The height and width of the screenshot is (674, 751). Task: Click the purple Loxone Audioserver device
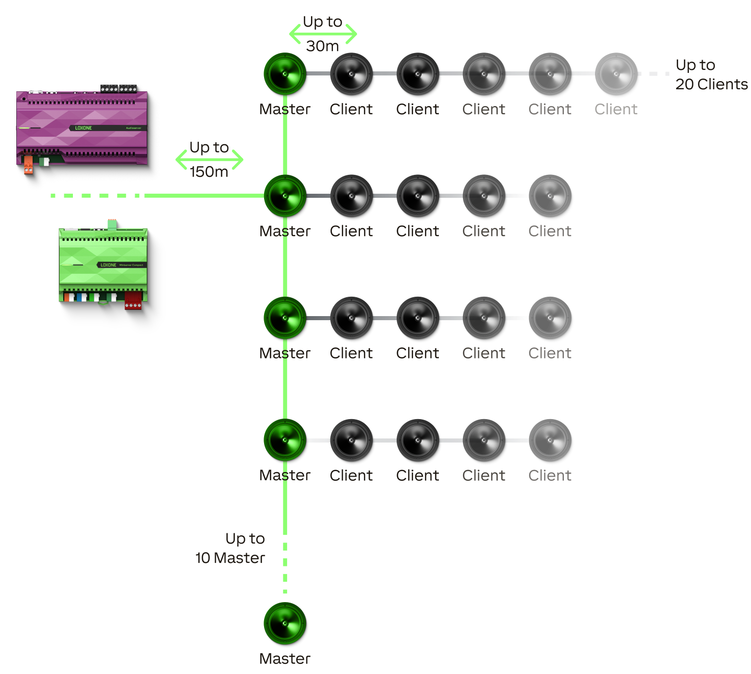pos(82,127)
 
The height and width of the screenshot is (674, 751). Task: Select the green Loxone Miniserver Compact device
pos(103,265)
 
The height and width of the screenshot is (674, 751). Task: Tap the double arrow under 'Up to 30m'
pos(323,34)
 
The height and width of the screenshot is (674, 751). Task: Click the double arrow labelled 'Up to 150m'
pos(210,160)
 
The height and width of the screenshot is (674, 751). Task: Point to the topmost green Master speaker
pos(285,74)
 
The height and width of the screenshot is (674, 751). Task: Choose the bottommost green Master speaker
pos(285,623)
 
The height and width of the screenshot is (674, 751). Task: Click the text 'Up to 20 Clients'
pos(711,74)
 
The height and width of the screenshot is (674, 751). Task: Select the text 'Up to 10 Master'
pos(231,548)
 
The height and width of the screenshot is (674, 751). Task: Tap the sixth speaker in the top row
pos(616,74)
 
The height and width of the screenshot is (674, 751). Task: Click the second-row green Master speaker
pos(285,196)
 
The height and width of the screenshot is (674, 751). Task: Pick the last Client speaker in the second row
pos(550,196)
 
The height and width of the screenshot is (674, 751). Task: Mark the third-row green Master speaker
pos(285,318)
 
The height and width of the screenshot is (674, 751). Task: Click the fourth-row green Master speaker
pos(285,439)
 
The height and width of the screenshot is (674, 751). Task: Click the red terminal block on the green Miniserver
pos(133,300)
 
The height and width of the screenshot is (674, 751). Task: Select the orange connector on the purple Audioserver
pos(28,165)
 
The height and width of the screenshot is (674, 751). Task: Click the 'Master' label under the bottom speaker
pos(285,659)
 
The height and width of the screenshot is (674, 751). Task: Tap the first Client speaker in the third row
pos(351,318)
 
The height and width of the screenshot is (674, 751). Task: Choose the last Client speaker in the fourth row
pos(550,439)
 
